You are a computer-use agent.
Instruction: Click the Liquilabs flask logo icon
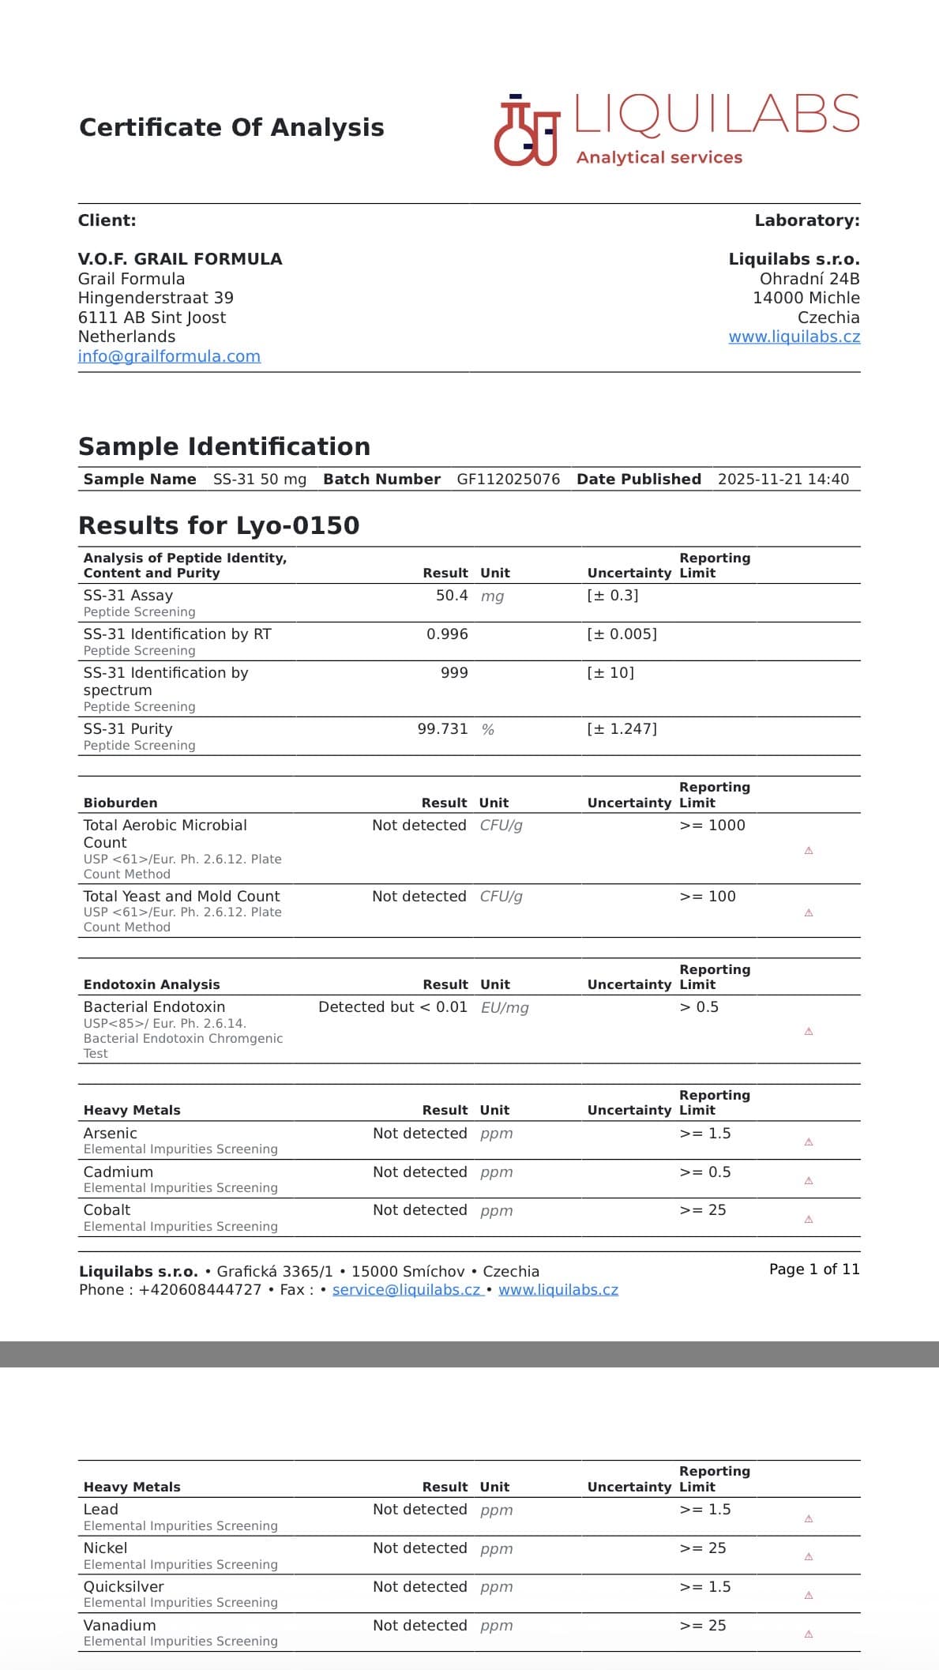pyautogui.click(x=526, y=131)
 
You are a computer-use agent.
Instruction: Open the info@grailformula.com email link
pyautogui.click(x=169, y=356)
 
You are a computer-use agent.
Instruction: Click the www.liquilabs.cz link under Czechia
pyautogui.click(x=794, y=337)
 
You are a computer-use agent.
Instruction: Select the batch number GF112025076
pyautogui.click(x=508, y=480)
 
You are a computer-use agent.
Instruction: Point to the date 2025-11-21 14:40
pyautogui.click(x=783, y=480)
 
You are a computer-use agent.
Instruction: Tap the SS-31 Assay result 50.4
pyautogui.click(x=452, y=596)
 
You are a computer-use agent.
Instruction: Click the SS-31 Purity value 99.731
pyautogui.click(x=442, y=729)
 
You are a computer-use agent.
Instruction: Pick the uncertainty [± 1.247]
pyautogui.click(x=622, y=729)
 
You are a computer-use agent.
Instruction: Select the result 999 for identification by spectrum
pyautogui.click(x=454, y=673)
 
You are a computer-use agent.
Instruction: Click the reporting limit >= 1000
pyautogui.click(x=712, y=826)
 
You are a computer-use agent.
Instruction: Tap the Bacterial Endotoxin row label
pyautogui.click(x=154, y=1007)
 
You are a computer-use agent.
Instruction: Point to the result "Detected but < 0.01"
pyautogui.click(x=393, y=1007)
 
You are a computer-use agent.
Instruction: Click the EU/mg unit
pyautogui.click(x=505, y=1008)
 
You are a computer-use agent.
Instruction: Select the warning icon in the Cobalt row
pyautogui.click(x=809, y=1220)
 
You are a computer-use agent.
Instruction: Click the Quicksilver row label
pyautogui.click(x=123, y=1587)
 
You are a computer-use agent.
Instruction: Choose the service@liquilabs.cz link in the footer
pyautogui.click(x=407, y=1290)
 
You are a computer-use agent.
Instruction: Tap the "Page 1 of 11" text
pyautogui.click(x=814, y=1269)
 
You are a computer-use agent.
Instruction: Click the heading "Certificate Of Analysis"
pyautogui.click(x=231, y=128)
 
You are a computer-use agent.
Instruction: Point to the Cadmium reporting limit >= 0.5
pyautogui.click(x=704, y=1172)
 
